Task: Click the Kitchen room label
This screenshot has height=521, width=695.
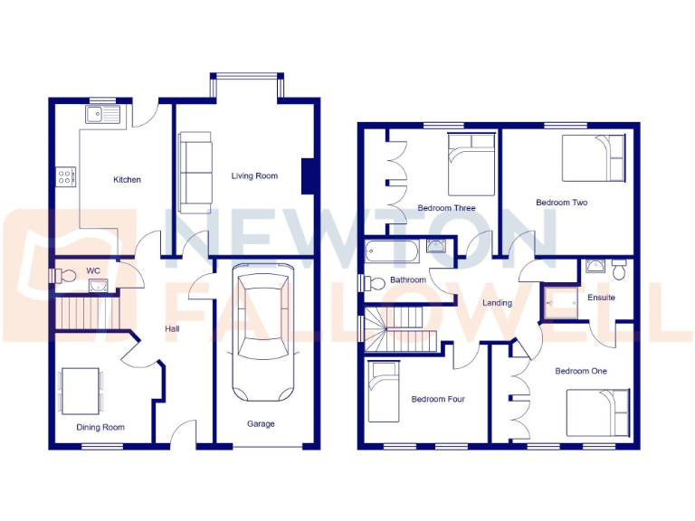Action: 127,180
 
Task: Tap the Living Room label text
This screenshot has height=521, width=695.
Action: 254,176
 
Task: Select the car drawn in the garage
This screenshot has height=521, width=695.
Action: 263,332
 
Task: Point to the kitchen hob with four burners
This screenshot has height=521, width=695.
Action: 66,176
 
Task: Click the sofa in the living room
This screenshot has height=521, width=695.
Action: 195,167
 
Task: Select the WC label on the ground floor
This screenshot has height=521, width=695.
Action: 93,270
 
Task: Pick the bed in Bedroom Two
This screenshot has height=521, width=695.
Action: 594,159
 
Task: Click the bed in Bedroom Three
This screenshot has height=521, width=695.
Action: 471,164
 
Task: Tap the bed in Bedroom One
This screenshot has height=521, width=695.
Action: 597,413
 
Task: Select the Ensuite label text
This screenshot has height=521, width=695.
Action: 601,298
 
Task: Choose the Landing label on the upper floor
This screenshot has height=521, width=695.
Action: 498,303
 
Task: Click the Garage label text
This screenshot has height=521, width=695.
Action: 262,424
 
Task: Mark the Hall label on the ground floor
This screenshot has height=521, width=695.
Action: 172,329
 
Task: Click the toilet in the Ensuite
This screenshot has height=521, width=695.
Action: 620,269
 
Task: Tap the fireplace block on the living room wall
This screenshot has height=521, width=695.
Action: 309,175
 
